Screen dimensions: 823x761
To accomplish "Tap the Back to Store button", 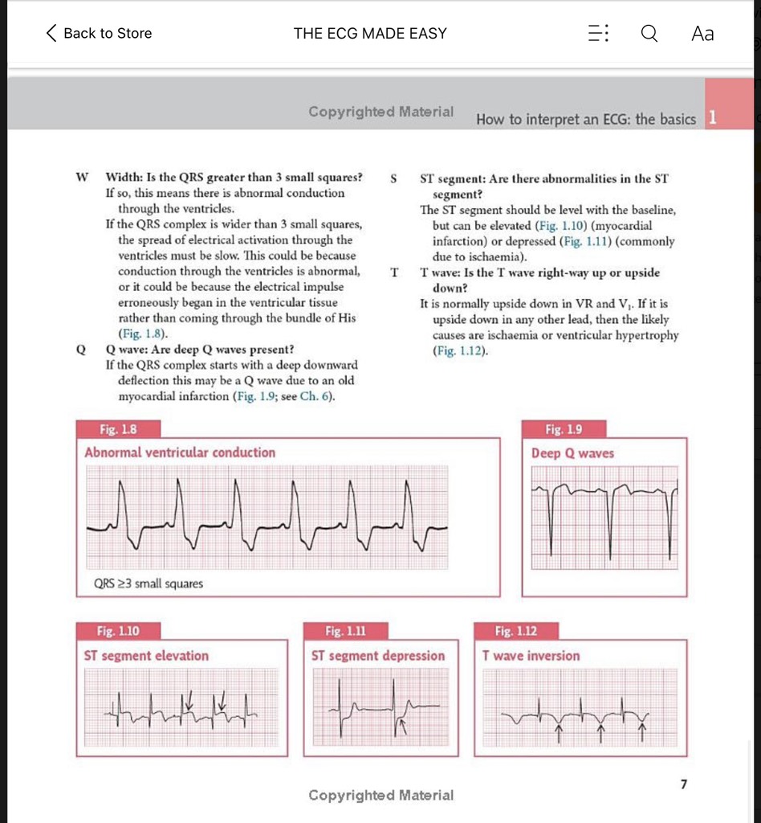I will [100, 33].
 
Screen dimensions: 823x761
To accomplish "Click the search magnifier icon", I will [649, 33].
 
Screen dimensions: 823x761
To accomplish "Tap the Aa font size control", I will [702, 33].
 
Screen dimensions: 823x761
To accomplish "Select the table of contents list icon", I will [599, 33].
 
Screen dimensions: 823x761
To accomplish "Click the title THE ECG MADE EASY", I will [370, 33].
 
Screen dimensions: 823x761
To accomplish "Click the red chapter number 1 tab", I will [712, 119].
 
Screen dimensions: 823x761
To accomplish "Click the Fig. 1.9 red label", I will [564, 430].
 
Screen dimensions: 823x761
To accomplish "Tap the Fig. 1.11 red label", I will [345, 632].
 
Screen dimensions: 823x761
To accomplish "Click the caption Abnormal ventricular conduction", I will [180, 452].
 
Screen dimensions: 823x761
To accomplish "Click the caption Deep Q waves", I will [572, 453].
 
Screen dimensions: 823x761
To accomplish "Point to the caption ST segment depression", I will [378, 656].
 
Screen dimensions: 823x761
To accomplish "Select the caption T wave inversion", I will [531, 656].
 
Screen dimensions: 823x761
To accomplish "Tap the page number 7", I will [683, 784].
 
